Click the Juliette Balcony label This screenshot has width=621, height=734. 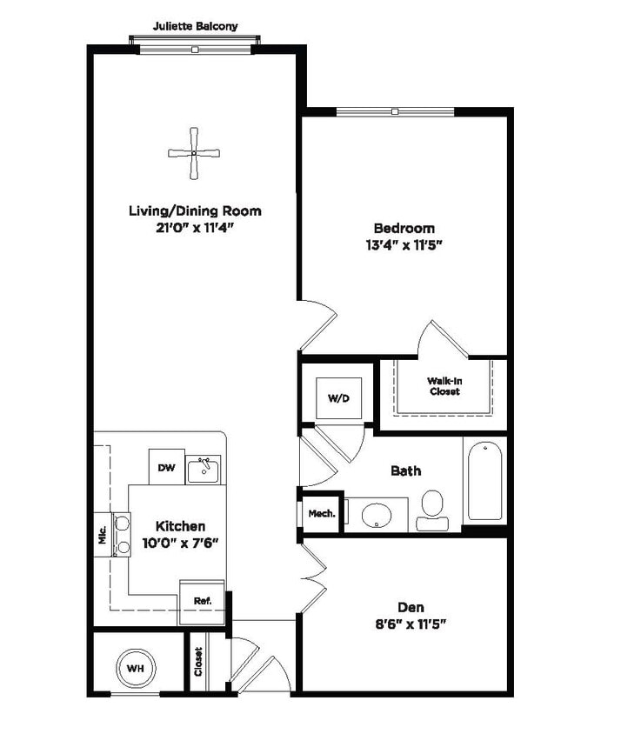coord(195,26)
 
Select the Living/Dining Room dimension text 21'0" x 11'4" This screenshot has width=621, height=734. coord(195,227)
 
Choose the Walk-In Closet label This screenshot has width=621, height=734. coord(444,386)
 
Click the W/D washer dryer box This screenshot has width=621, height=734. coord(337,398)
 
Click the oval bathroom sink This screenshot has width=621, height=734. coord(377,514)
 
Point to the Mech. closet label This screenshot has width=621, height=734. coord(322,513)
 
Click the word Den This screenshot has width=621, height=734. coord(411,607)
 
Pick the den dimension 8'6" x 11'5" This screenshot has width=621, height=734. coord(411,624)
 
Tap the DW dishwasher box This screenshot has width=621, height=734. coord(166,468)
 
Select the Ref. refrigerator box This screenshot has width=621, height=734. coord(202,600)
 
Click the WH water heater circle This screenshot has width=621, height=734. coord(135,668)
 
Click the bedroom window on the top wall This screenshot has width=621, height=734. coord(394,111)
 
